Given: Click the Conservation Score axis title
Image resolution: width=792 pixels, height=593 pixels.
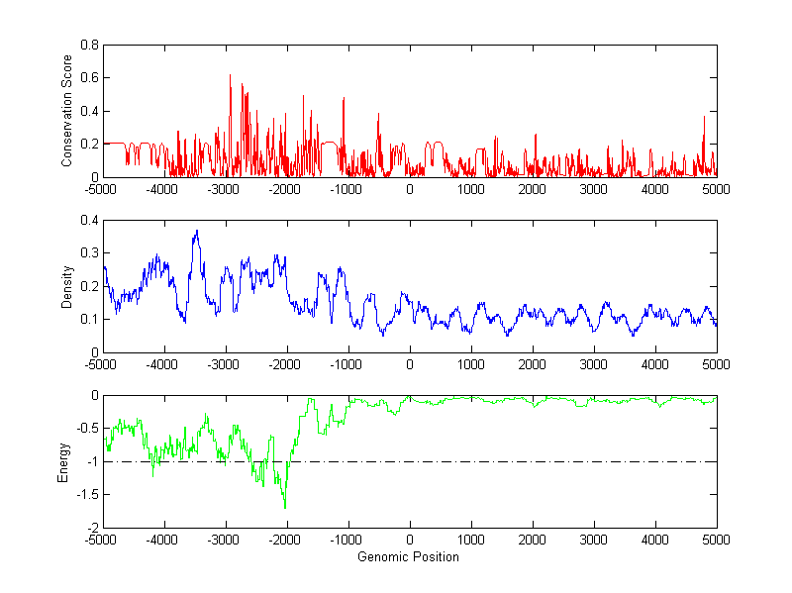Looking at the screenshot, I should [x=66, y=111].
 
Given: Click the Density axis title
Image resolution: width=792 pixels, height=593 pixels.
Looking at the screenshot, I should [x=66, y=286].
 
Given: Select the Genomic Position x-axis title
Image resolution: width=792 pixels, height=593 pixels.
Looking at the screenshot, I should [x=409, y=556].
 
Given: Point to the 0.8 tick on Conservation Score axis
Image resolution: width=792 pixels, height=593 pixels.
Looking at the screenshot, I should [x=89, y=45].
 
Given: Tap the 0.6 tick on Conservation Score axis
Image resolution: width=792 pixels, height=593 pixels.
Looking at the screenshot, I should [x=89, y=78].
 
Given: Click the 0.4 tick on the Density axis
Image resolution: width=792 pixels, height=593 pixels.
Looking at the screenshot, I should [x=89, y=220].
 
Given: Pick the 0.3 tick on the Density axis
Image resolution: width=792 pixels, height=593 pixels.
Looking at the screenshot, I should [x=89, y=252].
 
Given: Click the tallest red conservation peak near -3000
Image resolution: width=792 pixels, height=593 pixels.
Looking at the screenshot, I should [x=230, y=75].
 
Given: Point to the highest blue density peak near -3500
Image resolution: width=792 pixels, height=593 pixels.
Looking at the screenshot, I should [x=197, y=232].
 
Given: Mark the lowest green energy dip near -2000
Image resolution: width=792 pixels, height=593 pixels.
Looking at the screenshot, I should [x=285, y=507].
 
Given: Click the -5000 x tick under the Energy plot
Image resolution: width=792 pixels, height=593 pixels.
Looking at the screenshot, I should [x=103, y=540].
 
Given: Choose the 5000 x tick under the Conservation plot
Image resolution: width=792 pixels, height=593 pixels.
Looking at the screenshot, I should [x=716, y=188].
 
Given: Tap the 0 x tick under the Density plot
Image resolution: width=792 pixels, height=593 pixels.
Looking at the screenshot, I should [x=410, y=363].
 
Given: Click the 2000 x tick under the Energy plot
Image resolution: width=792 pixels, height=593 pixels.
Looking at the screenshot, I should [x=533, y=540].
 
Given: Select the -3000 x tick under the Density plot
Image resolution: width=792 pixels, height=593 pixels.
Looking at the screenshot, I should [x=226, y=363].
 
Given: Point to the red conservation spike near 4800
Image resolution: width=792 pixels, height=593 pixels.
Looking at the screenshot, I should [x=704, y=118].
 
